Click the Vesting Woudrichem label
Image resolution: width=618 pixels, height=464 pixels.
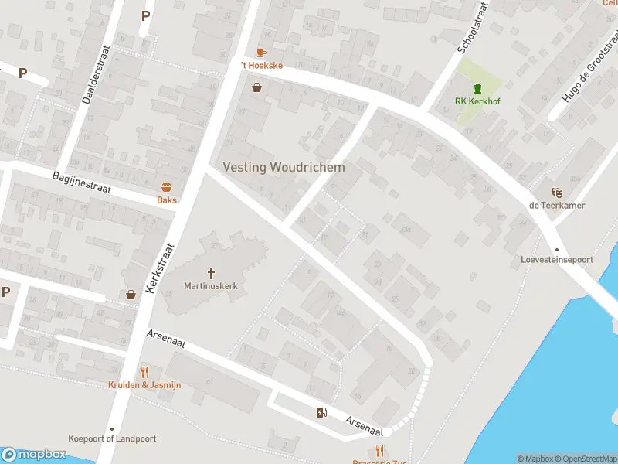pyautogui.click(x=284, y=167)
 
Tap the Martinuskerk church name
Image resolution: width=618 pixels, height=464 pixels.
pyautogui.click(x=211, y=286)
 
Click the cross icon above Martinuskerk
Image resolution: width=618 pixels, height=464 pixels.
pyautogui.click(x=211, y=272)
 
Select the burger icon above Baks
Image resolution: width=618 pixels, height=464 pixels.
pyautogui.click(x=166, y=187)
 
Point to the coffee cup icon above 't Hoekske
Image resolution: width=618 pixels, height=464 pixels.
pyautogui.click(x=261, y=53)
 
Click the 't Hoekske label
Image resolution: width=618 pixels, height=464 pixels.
pyautogui.click(x=262, y=66)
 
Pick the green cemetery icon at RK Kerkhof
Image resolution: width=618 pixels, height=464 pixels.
pyautogui.click(x=477, y=87)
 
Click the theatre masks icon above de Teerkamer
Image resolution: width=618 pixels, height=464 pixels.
pyautogui.click(x=556, y=192)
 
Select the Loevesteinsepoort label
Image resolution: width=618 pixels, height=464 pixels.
pyautogui.click(x=556, y=260)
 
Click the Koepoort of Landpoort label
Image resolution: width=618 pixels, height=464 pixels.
pyautogui.click(x=112, y=438)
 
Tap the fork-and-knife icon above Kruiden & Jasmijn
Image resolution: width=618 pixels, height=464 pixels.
pyautogui.click(x=144, y=372)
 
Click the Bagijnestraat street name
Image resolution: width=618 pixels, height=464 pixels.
pyautogui.click(x=83, y=184)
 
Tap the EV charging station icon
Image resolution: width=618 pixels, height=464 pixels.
pyautogui.click(x=321, y=412)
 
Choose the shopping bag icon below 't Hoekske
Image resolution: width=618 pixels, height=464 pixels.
pyautogui.click(x=256, y=87)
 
